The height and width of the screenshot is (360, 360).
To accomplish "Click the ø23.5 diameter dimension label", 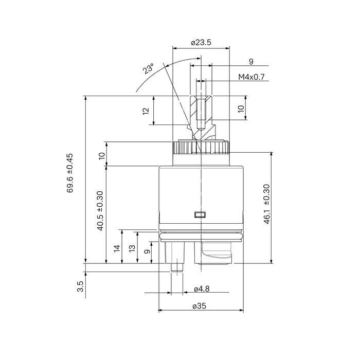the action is [201, 43].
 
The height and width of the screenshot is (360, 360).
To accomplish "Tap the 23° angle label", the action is [148, 68].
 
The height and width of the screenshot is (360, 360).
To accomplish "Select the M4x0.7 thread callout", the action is [251, 77].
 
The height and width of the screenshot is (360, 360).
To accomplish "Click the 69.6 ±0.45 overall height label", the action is [70, 173].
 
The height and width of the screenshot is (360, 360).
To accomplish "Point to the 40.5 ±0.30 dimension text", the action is [100, 211].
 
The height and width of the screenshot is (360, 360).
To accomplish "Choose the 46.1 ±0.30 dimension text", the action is [267, 204].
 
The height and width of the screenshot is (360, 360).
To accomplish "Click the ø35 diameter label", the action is [200, 306].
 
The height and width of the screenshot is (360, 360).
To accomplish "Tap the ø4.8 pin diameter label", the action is [202, 289].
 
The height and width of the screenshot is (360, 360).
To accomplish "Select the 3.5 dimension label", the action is [80, 286].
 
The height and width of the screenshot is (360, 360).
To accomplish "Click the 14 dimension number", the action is [117, 248].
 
